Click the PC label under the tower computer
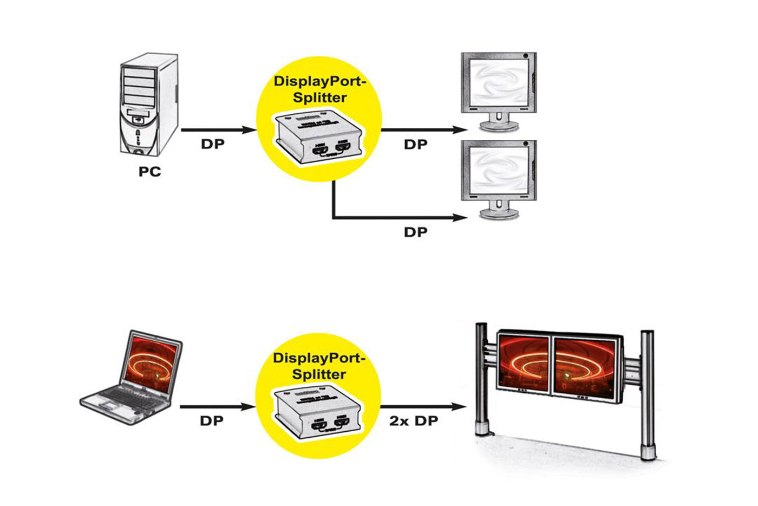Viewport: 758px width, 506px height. click(x=149, y=172)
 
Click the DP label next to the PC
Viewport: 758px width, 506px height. click(x=212, y=145)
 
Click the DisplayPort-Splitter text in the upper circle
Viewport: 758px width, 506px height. click(x=319, y=89)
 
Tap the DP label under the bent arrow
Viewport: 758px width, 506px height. click(x=415, y=232)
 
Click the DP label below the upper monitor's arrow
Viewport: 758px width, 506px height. click(x=415, y=145)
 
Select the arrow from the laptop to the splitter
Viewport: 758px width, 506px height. click(x=217, y=406)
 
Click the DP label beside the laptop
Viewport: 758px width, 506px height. click(x=211, y=421)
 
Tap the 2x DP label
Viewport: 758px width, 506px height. click(x=414, y=421)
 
